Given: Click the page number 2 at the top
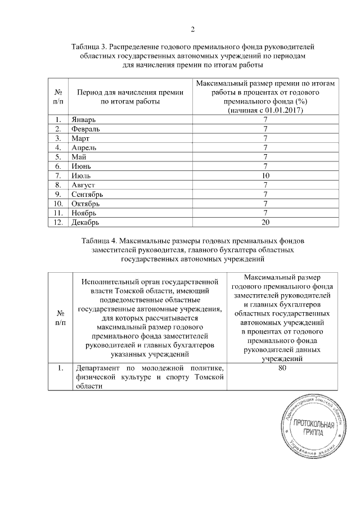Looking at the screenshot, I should pos(192,29).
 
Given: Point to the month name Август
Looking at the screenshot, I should pos(84,185).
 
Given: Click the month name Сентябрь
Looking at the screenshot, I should pos(88,194).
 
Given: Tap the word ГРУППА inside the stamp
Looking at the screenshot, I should pos(313,434).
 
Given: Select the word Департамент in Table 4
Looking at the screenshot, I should pos(97,368).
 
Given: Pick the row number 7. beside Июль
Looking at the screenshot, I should pos(57,175).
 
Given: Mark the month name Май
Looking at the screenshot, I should pos(78,157).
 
